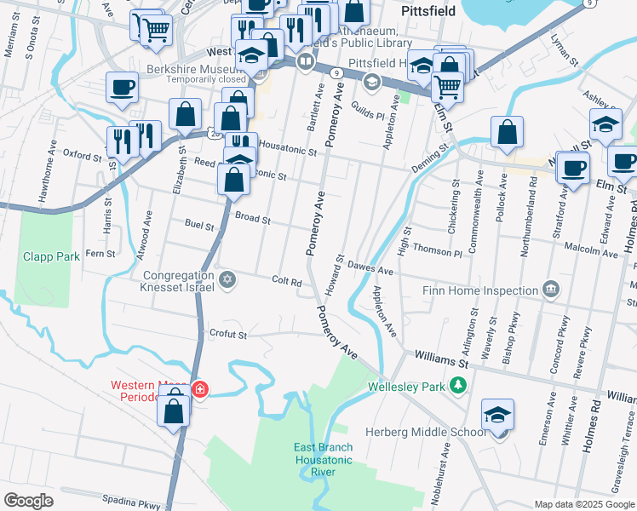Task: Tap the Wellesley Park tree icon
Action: [457, 387]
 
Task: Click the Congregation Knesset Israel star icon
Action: [227, 280]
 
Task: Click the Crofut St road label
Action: [229, 335]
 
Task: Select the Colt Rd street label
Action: [287, 282]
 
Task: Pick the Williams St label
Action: [442, 360]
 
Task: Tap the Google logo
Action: [28, 501]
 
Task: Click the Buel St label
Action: [199, 225]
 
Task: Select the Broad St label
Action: [253, 219]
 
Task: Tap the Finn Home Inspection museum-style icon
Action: [551, 290]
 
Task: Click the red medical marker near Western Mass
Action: [199, 389]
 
